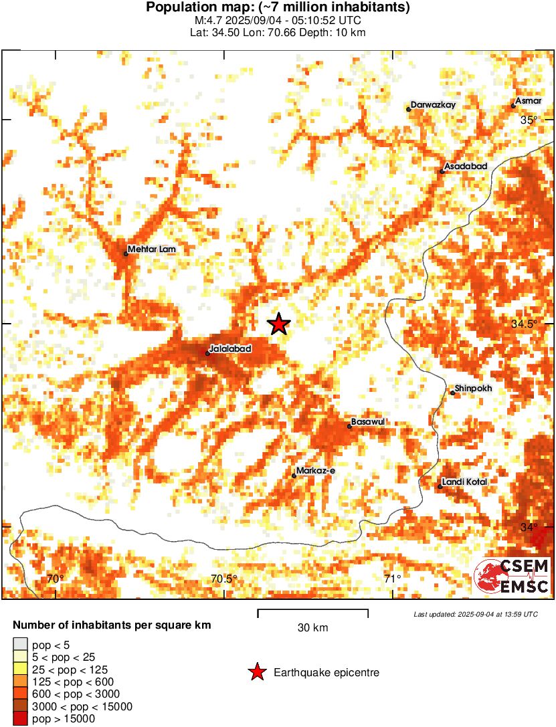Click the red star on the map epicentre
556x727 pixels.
coord(278,324)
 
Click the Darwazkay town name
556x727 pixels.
coord(433,105)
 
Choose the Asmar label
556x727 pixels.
coord(529,101)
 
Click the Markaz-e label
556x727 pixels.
coord(316,472)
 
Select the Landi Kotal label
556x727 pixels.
coord(465,482)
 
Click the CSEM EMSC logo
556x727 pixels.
coord(512,577)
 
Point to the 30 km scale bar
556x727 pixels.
coord(312,610)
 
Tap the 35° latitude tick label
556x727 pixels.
coord(529,120)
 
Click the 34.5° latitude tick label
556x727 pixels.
coord(525,324)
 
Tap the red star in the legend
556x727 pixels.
coord(256,673)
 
